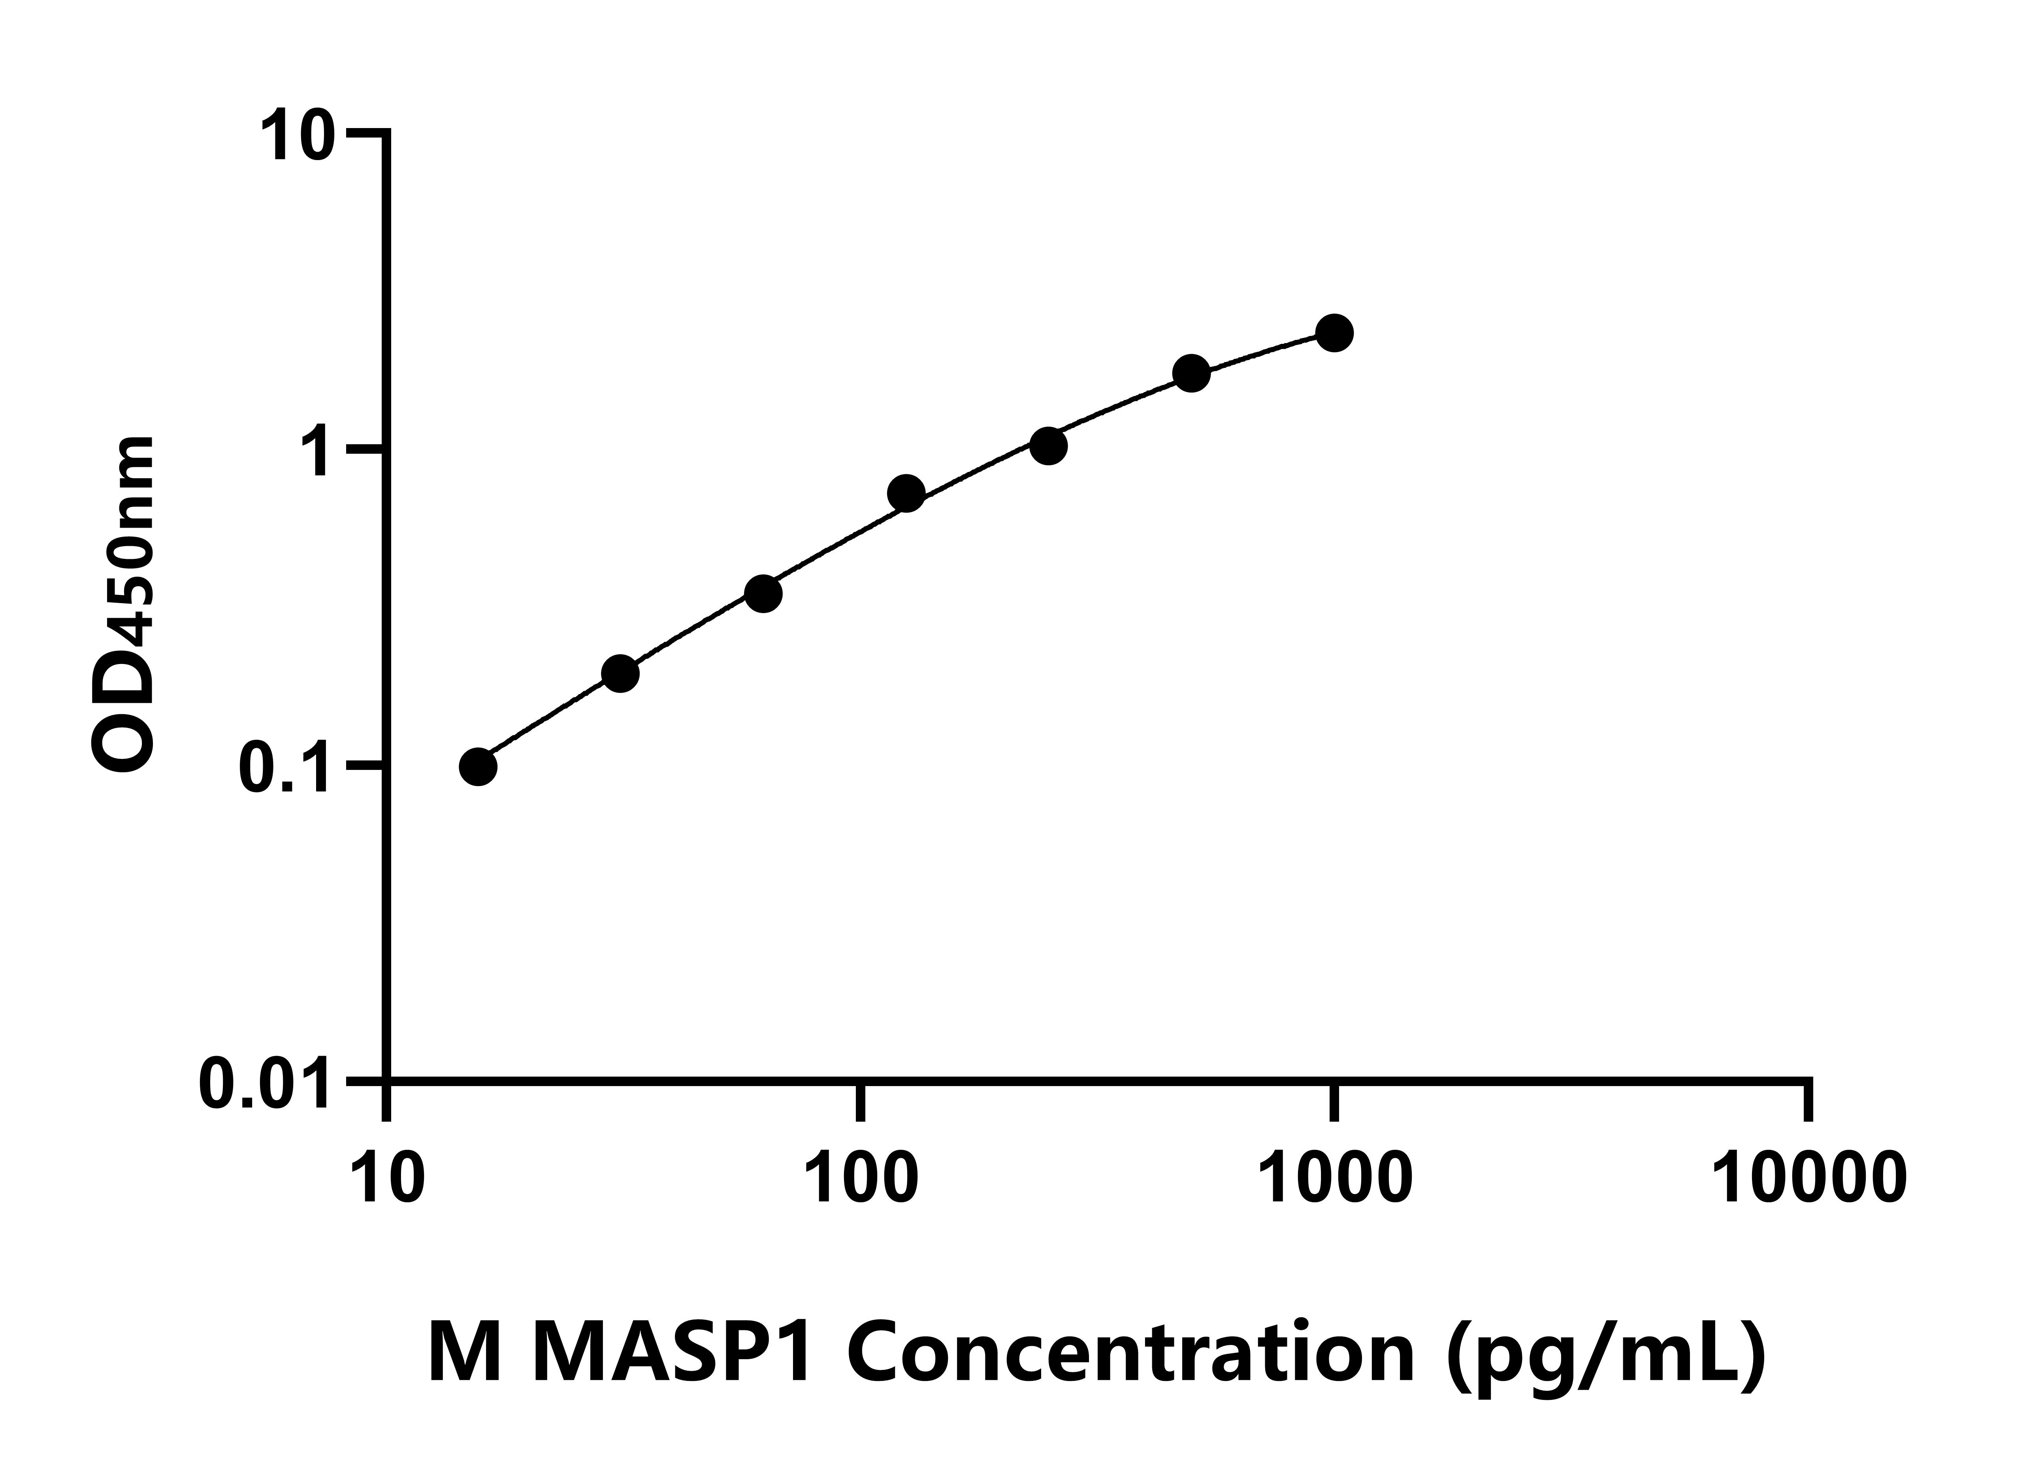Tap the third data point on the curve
[763, 594]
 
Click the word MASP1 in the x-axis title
[672, 1353]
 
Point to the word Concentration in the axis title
[1128, 1353]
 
